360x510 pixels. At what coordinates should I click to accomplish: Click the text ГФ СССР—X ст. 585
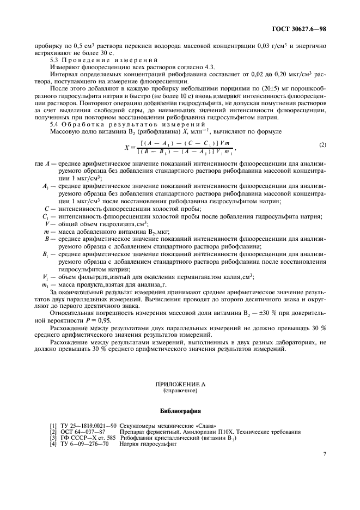87,437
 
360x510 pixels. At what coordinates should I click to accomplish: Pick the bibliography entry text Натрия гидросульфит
148,443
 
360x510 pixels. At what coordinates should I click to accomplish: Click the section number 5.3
54,59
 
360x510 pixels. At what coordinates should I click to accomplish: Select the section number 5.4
54,125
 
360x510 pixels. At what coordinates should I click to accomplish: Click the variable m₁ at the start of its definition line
46,286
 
